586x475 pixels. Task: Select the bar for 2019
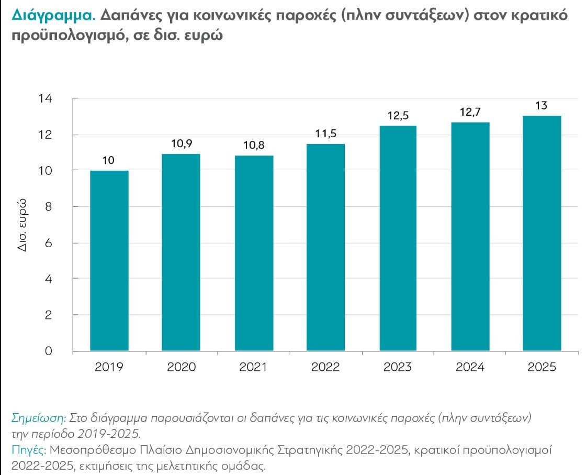109,261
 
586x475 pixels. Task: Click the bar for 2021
254,253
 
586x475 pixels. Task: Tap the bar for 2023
398,238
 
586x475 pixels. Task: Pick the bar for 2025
542,234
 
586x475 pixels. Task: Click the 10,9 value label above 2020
182,143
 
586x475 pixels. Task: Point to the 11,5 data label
326,134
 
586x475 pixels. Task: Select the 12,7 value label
470,112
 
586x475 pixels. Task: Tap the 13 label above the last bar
541,106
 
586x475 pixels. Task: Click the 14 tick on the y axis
45,98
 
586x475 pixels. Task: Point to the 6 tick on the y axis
48,243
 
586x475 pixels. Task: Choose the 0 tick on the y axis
48,351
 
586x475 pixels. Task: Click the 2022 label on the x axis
325,367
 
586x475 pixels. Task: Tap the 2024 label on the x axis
470,367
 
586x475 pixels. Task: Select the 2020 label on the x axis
181,367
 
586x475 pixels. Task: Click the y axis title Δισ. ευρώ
22,225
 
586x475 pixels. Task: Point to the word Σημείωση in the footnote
39,418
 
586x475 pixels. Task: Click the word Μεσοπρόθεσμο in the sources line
93,449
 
